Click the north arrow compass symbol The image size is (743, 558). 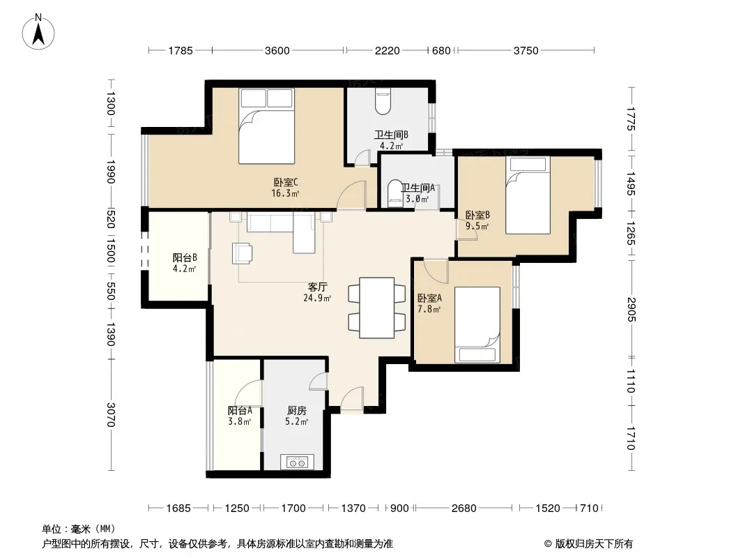pyautogui.click(x=38, y=32)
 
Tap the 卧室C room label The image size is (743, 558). pyautogui.click(x=286, y=182)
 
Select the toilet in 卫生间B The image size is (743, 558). pyautogui.click(x=383, y=101)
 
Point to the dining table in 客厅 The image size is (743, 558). pyautogui.click(x=376, y=308)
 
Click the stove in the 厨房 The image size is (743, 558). pyautogui.click(x=297, y=462)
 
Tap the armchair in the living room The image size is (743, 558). pyautogui.click(x=242, y=253)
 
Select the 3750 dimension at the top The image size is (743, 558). pyautogui.click(x=526, y=50)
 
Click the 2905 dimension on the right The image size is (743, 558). pyautogui.click(x=631, y=309)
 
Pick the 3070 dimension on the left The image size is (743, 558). pyautogui.click(x=111, y=414)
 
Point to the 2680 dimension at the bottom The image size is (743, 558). pyautogui.click(x=464, y=508)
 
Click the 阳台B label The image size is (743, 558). pyautogui.click(x=184, y=257)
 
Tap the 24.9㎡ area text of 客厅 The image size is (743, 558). pyautogui.click(x=317, y=298)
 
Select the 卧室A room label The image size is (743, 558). pyautogui.click(x=429, y=298)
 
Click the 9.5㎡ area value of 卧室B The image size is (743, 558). pyautogui.click(x=477, y=226)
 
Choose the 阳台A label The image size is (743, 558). pyautogui.click(x=240, y=410)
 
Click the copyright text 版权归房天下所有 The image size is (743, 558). pyautogui.click(x=595, y=544)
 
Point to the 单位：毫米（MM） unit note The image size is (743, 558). pyautogui.click(x=79, y=529)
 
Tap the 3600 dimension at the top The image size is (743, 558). pyautogui.click(x=277, y=50)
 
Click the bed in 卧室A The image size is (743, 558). pyautogui.click(x=477, y=325)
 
